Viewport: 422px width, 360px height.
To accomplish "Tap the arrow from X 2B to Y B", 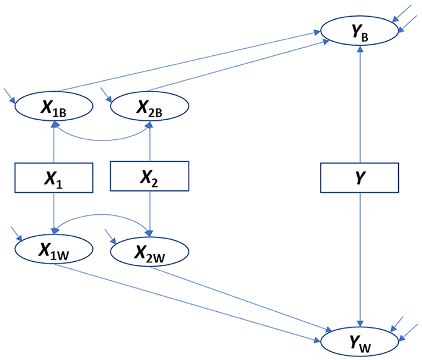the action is coord(238,65).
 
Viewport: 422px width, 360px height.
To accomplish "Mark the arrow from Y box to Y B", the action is coord(360,104).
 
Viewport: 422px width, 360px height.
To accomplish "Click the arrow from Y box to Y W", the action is coord(360,259).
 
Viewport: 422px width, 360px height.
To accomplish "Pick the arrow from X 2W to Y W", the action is coord(241,299).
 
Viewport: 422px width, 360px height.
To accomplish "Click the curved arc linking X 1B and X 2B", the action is coord(102,140).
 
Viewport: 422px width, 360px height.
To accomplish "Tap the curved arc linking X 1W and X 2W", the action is coord(101,214).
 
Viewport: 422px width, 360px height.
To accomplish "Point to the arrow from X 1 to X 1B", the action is coord(54,142).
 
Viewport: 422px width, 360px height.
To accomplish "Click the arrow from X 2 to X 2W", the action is coord(150,214).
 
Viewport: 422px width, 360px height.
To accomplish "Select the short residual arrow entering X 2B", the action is coord(106,95).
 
